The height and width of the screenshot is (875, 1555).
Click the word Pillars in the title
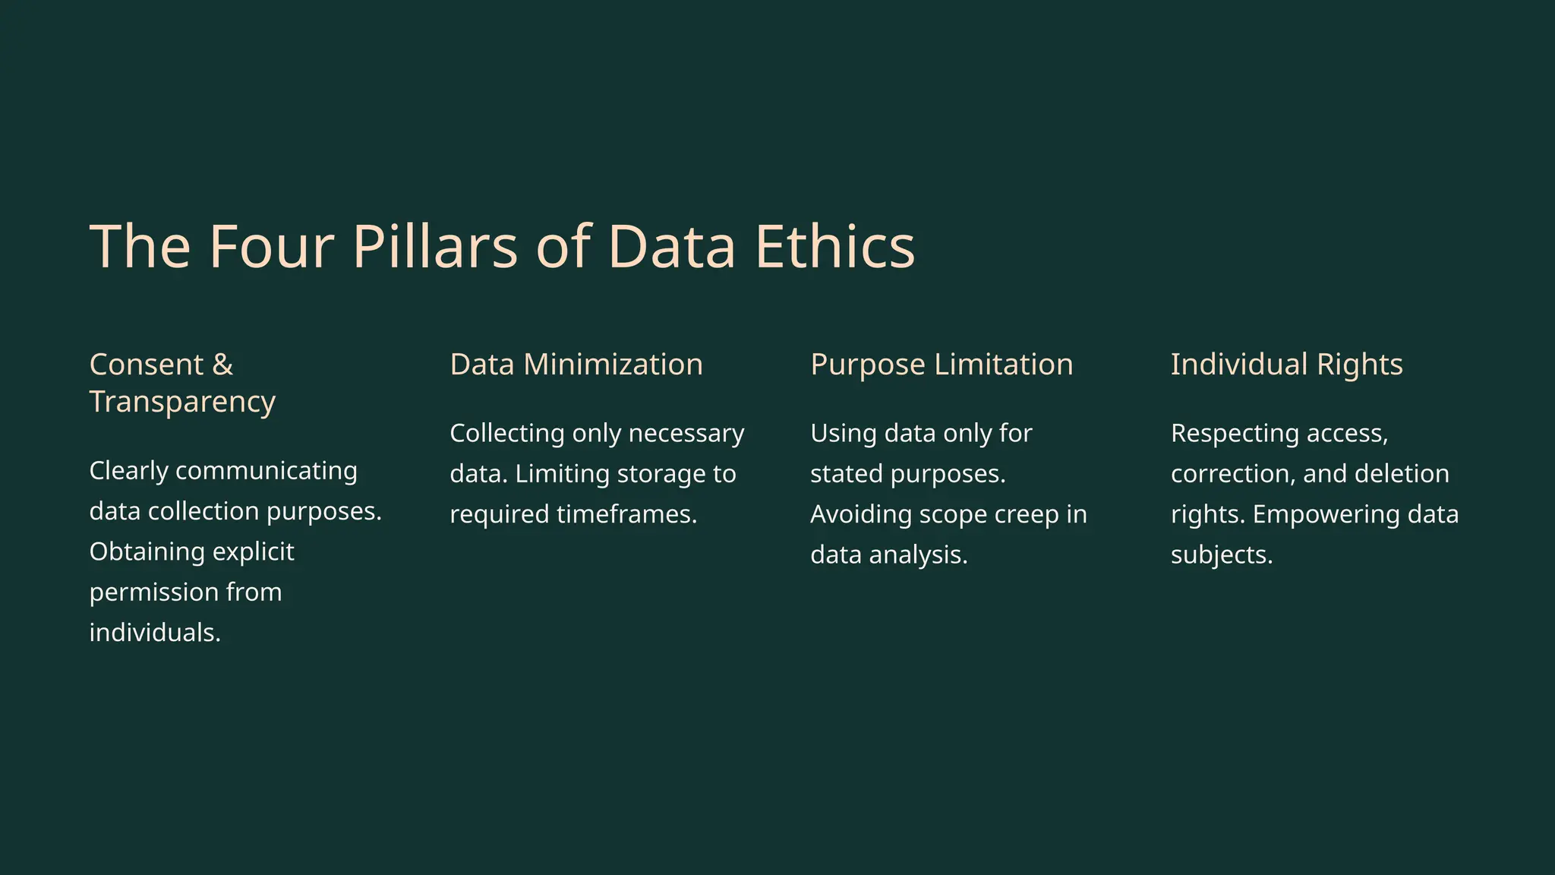coord(435,246)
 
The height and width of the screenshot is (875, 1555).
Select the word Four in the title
coord(271,246)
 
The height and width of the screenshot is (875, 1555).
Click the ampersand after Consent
coord(222,365)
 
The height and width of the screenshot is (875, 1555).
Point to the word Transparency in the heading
coord(182,402)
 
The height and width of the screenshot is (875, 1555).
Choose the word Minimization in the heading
coord(613,365)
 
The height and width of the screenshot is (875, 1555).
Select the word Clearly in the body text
coord(128,471)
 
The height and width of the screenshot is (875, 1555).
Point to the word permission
coord(153,592)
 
